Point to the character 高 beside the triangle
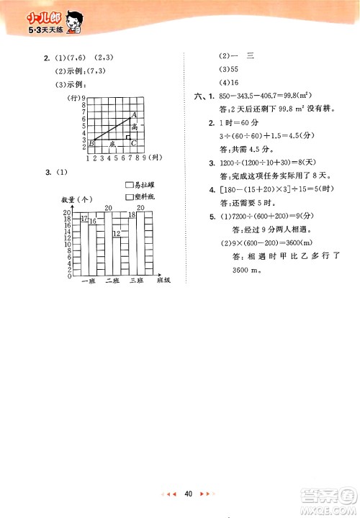135,126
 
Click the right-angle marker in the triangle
128,137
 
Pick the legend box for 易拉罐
129,185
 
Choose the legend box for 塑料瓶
129,196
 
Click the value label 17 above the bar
84,218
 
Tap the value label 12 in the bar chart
117,235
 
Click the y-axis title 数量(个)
77,199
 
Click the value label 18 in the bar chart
132,215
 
